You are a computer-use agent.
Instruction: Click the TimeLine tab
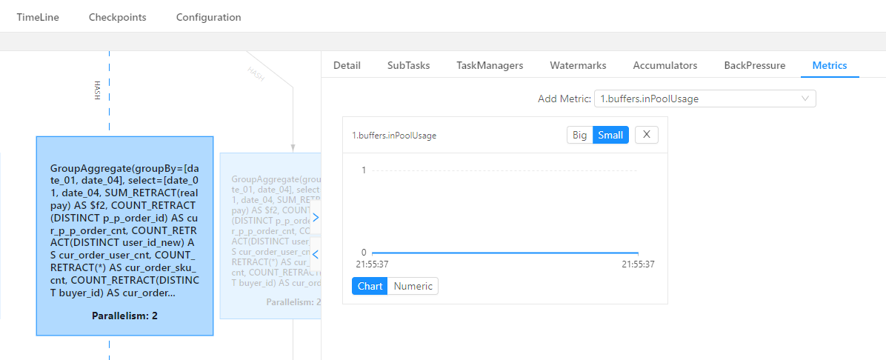click(x=38, y=17)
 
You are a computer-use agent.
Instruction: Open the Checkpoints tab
click(x=117, y=17)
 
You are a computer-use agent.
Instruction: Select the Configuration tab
click(x=208, y=17)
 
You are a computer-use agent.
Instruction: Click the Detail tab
click(x=347, y=65)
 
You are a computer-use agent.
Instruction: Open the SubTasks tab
click(x=408, y=65)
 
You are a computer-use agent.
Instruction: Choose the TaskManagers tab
click(x=490, y=65)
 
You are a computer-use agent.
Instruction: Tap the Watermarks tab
click(x=578, y=65)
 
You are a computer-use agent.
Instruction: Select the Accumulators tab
click(x=664, y=65)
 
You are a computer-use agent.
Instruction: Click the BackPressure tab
click(x=754, y=65)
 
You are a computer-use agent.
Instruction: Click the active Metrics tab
click(x=830, y=65)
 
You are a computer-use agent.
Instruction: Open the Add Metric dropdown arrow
click(x=805, y=99)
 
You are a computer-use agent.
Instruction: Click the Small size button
click(x=610, y=135)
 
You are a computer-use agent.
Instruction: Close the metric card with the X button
click(x=646, y=135)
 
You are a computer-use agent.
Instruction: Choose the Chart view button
click(x=370, y=286)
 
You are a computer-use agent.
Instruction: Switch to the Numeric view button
click(x=413, y=286)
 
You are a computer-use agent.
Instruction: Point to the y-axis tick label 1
click(x=364, y=170)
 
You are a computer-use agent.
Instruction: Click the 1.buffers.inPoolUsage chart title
click(x=394, y=136)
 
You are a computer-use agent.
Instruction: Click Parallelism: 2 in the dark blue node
click(x=124, y=316)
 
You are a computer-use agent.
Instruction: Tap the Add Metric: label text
click(x=564, y=99)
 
